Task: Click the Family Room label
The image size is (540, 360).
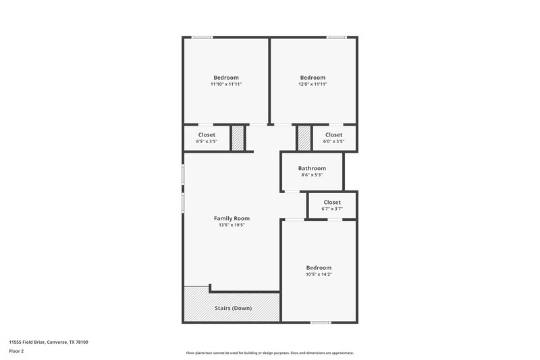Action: click(232, 218)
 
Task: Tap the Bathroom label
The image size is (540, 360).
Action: click(312, 168)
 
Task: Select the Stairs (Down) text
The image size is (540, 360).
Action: click(233, 308)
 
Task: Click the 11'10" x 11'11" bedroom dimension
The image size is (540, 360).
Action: click(226, 84)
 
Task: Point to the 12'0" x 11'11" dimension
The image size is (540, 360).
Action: click(313, 84)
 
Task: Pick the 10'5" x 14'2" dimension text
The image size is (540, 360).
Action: click(319, 274)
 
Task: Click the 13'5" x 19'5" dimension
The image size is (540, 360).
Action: click(232, 225)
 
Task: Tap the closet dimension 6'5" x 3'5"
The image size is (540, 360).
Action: click(207, 142)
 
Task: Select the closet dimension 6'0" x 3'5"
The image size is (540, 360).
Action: click(333, 142)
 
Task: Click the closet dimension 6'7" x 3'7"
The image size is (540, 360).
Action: click(332, 209)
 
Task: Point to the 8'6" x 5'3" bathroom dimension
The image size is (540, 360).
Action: click(312, 175)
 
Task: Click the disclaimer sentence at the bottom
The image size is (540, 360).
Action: click(270, 353)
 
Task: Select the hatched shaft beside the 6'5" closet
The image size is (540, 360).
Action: click(238, 138)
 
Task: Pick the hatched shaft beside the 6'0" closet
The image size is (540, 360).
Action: click(304, 138)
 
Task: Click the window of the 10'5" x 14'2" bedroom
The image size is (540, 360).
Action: click(321, 322)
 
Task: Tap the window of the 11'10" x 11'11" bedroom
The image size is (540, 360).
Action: click(202, 37)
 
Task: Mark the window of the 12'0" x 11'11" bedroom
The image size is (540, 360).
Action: click(337, 37)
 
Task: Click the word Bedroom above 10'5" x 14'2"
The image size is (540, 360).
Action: click(319, 267)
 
